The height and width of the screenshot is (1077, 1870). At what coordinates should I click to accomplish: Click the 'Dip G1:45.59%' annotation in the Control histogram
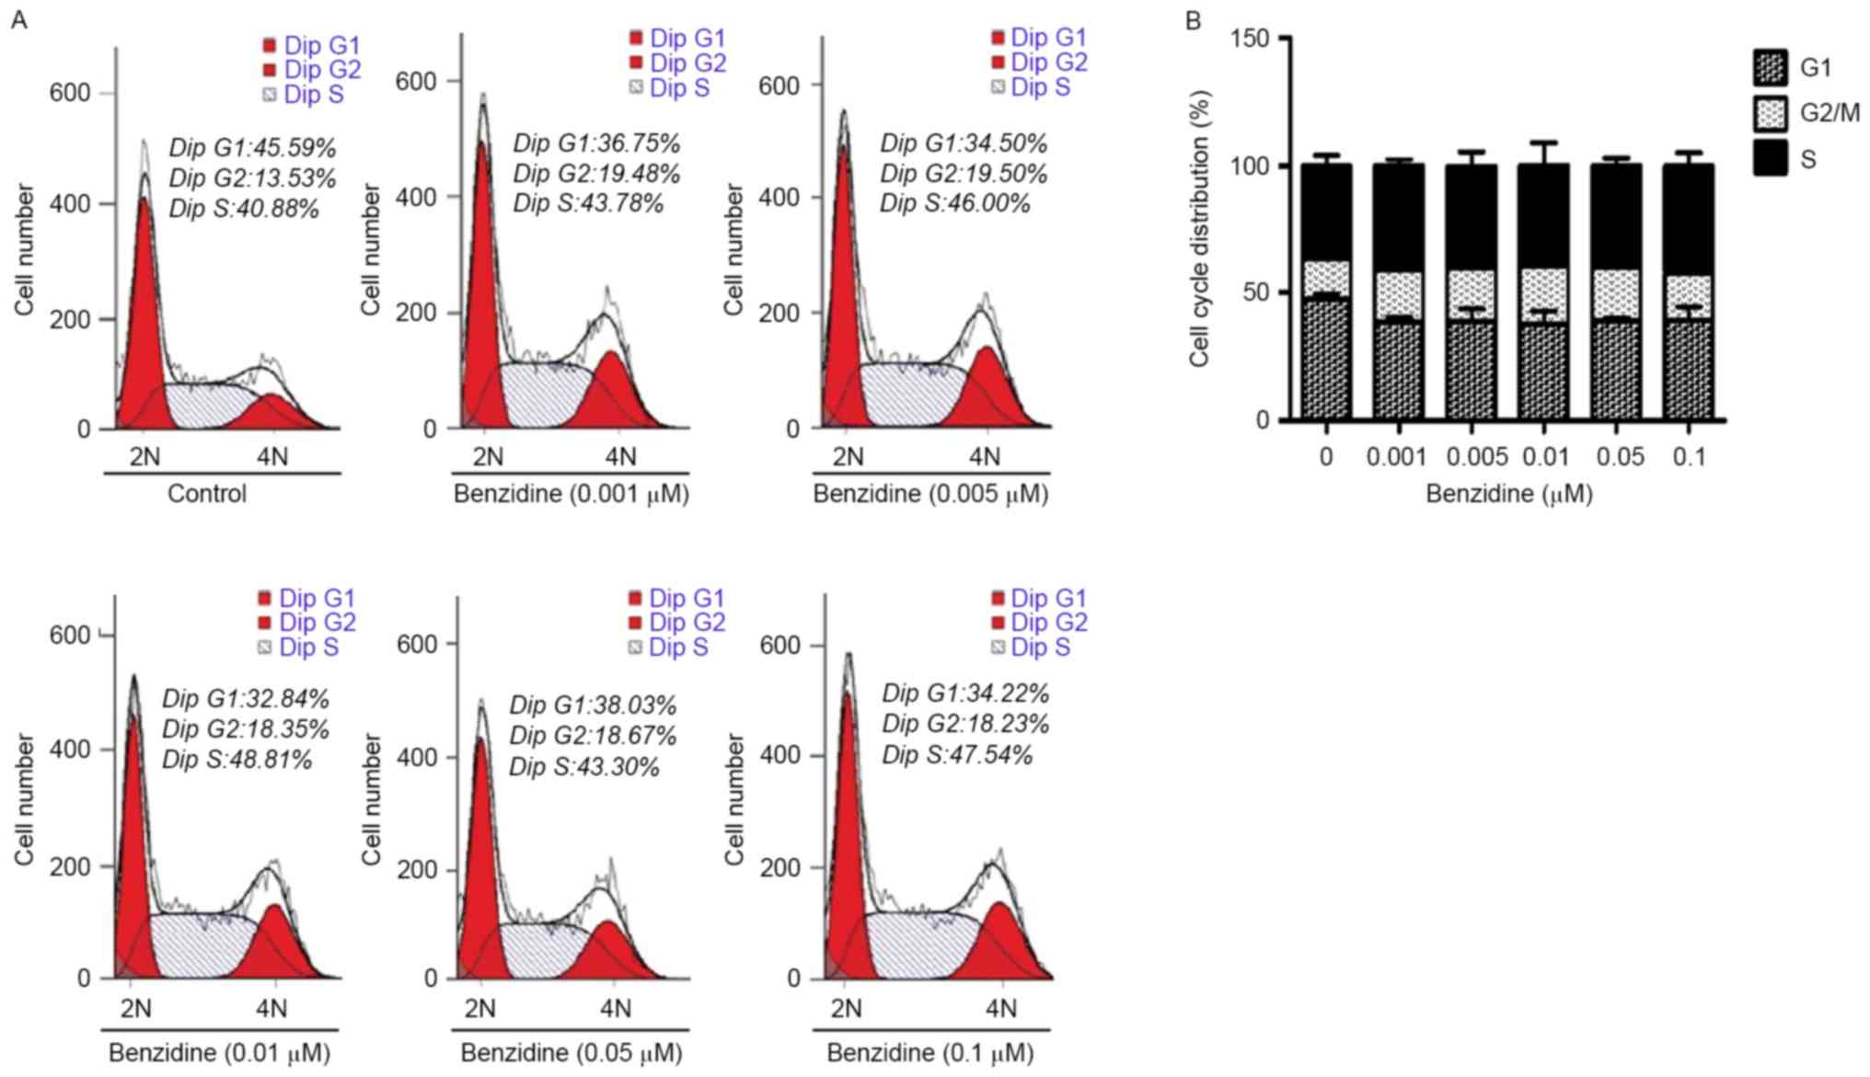click(252, 147)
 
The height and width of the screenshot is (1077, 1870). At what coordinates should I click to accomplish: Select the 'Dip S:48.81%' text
click(237, 760)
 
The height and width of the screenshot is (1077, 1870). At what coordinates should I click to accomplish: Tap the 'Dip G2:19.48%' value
click(596, 173)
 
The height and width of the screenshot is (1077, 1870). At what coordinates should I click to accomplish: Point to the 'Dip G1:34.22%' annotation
click(965, 693)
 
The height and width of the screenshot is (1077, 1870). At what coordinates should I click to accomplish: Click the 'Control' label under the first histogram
click(207, 494)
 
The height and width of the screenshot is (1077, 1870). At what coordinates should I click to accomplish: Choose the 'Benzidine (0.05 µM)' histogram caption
click(571, 1052)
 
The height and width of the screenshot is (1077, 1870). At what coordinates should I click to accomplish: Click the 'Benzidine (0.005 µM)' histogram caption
click(930, 494)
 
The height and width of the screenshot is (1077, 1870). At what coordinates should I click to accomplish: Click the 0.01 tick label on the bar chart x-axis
click(1543, 457)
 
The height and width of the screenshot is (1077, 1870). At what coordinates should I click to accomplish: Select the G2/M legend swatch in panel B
click(1770, 113)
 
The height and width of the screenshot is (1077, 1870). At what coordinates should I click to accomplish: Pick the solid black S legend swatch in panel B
click(1770, 158)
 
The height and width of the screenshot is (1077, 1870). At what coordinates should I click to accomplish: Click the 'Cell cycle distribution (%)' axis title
click(1198, 229)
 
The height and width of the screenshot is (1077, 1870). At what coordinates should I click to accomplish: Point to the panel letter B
click(1194, 20)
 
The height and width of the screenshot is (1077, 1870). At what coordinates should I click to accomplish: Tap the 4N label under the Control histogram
click(271, 456)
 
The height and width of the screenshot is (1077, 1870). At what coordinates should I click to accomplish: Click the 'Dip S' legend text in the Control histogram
click(313, 95)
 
